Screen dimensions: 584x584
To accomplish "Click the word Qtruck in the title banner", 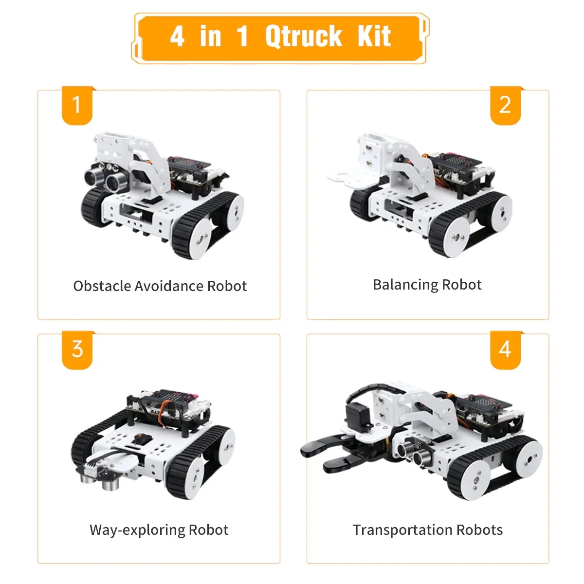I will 304,36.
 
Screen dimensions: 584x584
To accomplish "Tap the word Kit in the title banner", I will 374,36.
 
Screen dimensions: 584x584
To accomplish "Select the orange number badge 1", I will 76,105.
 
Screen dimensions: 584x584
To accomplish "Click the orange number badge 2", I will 505,105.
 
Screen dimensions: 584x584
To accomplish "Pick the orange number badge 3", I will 77,349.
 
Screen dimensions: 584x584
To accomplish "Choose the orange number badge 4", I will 505,349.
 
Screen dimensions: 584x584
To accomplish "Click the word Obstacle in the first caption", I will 102,286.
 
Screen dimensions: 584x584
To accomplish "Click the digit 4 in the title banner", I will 177,36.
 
